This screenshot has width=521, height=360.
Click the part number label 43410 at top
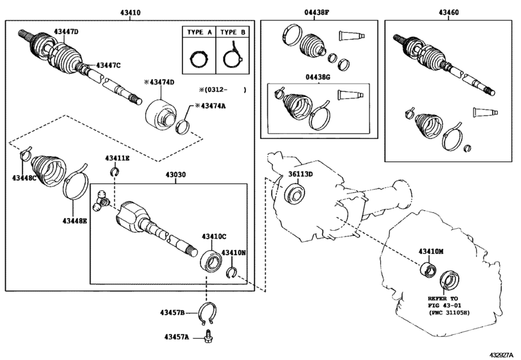(130, 13)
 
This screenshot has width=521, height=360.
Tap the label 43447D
(66, 32)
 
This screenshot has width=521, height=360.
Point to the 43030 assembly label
(176, 174)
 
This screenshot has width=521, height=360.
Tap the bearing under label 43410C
(211, 259)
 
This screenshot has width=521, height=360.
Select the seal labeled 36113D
(294, 194)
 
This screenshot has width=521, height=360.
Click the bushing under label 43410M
(428, 269)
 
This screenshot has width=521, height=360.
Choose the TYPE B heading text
(233, 32)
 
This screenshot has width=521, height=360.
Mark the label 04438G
(317, 77)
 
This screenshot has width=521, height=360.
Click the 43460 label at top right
(448, 13)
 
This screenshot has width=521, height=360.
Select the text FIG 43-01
(445, 305)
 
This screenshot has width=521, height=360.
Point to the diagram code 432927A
(503, 355)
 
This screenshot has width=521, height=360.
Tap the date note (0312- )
(223, 90)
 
